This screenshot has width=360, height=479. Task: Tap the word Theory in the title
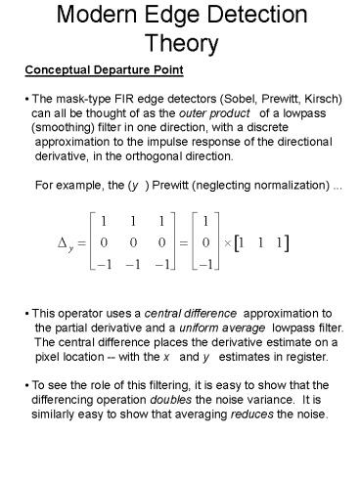180,44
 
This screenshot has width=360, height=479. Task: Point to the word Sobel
239,100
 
